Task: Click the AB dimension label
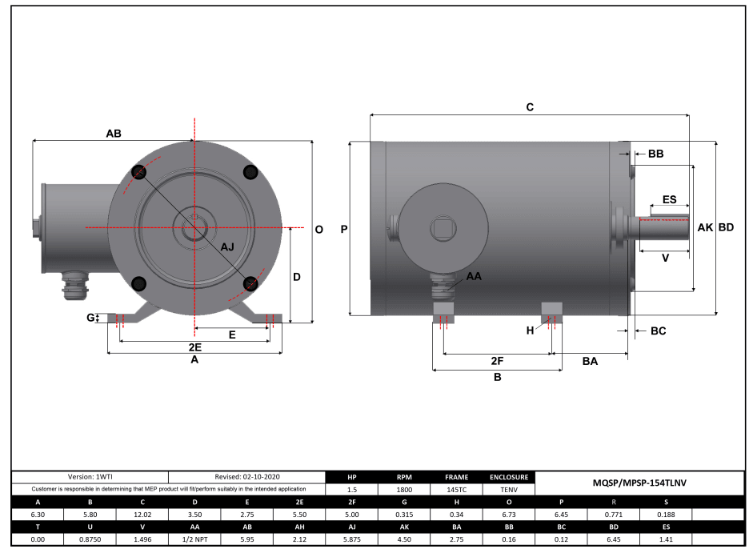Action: [x=114, y=134]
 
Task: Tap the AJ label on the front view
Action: [x=227, y=246]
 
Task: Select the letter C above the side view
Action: [x=529, y=106]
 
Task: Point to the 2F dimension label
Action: [x=497, y=361]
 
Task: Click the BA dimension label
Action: [x=590, y=361]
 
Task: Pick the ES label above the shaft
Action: [x=669, y=200]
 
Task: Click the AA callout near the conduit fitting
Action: [x=474, y=276]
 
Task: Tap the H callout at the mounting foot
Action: [x=530, y=330]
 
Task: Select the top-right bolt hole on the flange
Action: [x=250, y=171]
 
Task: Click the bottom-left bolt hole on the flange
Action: [x=138, y=283]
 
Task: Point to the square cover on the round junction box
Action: [x=442, y=229]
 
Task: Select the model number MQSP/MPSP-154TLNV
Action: [x=639, y=483]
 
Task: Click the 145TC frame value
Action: [x=456, y=488]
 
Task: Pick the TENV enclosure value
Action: [x=509, y=488]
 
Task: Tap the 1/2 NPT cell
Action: [x=195, y=539]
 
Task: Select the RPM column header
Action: [x=404, y=477]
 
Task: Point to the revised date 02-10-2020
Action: [x=247, y=477]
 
